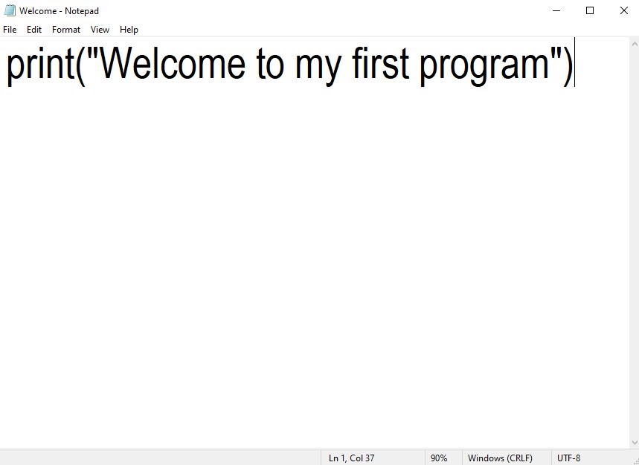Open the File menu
click(x=10, y=30)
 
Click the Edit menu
click(x=34, y=30)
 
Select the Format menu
click(x=66, y=30)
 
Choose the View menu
click(x=100, y=30)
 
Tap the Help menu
click(x=129, y=30)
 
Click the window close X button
click(x=624, y=10)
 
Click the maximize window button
click(x=590, y=10)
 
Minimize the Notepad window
click(x=556, y=10)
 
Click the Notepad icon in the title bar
click(x=10, y=10)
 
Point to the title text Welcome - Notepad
click(x=59, y=11)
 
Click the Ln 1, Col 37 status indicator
click(x=351, y=458)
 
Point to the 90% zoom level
click(x=439, y=458)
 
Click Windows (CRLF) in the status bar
click(x=500, y=458)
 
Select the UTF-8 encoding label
click(x=568, y=458)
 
